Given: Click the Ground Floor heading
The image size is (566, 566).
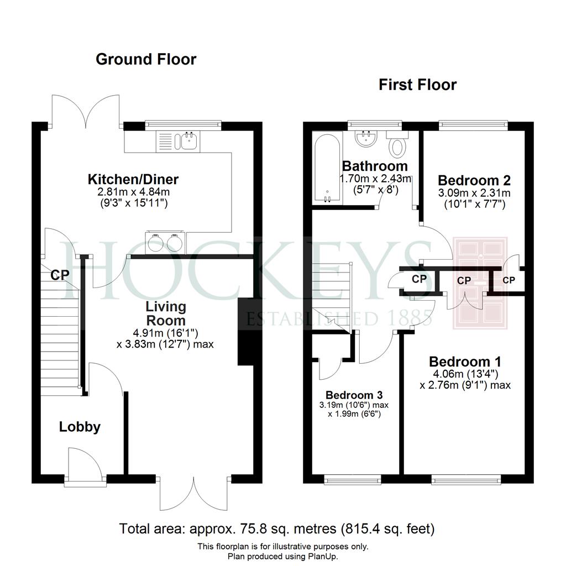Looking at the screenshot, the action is [146, 59].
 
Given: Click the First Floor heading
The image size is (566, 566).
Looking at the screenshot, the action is [418, 85].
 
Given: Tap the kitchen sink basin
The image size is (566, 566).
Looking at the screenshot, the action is [189, 141].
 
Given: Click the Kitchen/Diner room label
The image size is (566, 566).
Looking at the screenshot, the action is [133, 179].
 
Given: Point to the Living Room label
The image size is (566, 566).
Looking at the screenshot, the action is [166, 313].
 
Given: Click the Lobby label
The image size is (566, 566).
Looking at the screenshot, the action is [80, 427].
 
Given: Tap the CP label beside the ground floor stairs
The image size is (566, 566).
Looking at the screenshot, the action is [60, 275].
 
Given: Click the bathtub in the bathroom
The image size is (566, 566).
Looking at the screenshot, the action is [327, 168].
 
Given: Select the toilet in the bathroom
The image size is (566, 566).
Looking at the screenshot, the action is [397, 144].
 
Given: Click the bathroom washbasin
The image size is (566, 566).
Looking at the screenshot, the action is [366, 138].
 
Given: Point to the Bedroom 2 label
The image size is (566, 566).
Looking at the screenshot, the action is [474, 180].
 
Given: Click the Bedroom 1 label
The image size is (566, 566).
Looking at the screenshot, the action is [465, 361].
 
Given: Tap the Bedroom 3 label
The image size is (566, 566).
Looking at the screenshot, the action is [354, 395].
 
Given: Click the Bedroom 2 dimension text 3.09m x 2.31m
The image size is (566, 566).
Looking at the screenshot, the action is [474, 193].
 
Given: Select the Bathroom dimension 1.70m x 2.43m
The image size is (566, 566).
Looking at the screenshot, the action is [375, 179].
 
